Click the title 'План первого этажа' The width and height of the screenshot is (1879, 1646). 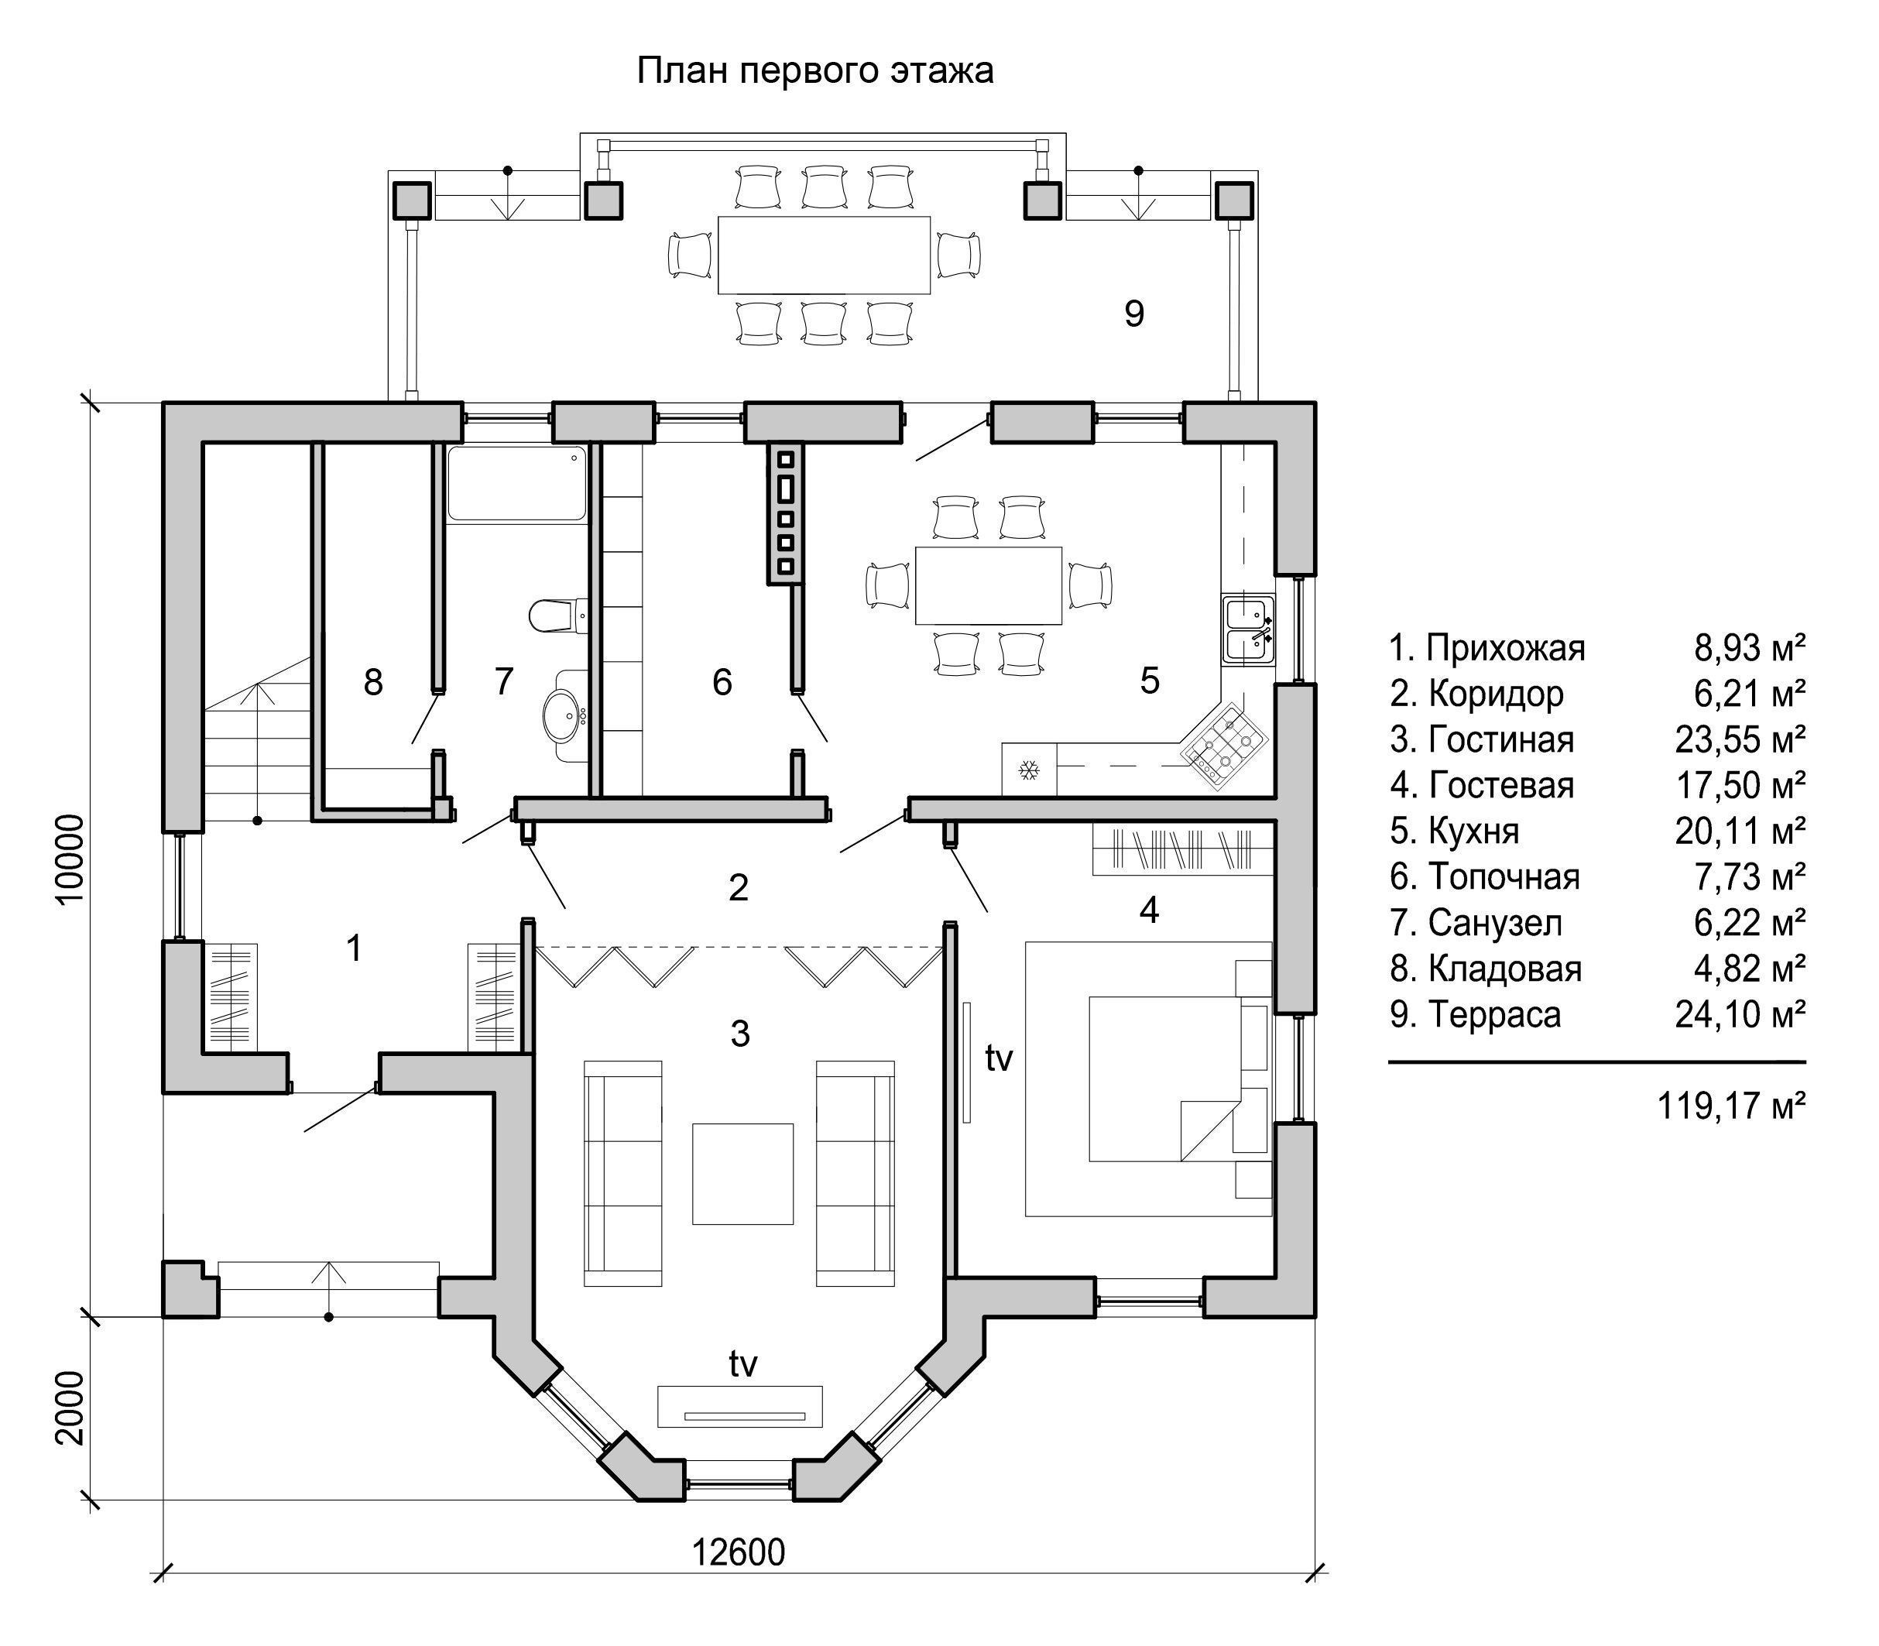point(814,70)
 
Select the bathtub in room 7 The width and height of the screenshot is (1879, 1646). point(516,483)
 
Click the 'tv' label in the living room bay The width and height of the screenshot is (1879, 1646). point(743,1364)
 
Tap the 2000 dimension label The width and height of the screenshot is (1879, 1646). point(70,1408)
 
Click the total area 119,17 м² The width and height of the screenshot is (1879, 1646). point(1731,1106)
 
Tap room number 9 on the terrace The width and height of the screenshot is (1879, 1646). point(1134,314)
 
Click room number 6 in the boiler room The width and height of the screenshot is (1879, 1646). point(722,681)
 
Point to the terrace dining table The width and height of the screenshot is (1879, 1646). point(824,255)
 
